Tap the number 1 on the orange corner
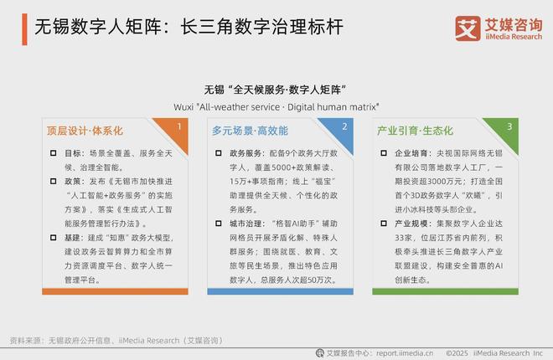click(x=178, y=126)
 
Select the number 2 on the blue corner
click(x=344, y=126)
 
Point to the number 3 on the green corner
click(x=509, y=126)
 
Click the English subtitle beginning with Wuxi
click(x=276, y=106)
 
